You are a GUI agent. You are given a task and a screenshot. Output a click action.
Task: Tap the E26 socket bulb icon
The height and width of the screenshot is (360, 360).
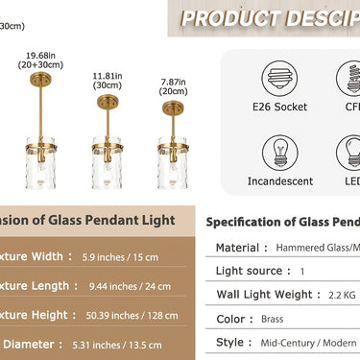276,78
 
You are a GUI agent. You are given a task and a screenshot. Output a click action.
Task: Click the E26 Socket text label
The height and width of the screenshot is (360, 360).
276,107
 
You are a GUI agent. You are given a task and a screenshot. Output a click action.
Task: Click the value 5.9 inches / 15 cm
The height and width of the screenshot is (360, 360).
124,256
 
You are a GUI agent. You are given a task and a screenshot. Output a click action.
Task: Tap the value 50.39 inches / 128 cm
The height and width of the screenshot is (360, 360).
131,315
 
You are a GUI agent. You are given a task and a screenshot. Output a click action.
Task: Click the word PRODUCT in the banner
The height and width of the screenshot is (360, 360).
225,18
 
